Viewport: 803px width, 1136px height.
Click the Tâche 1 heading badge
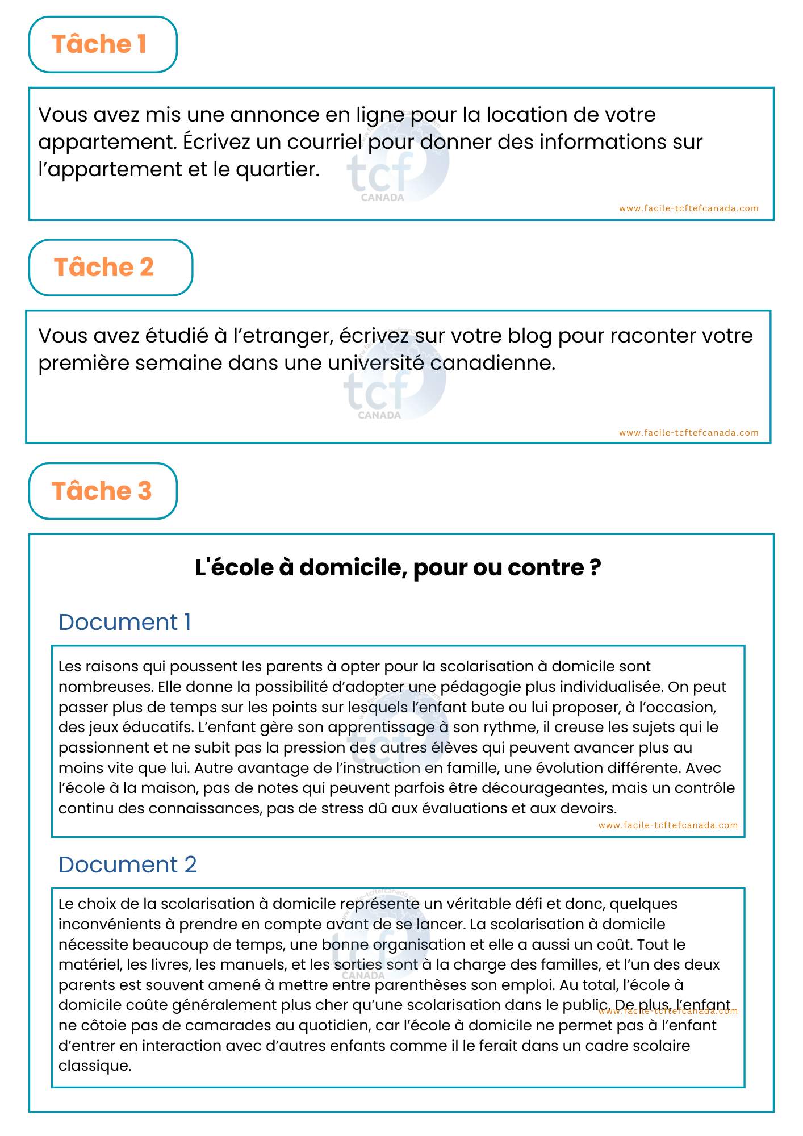(103, 44)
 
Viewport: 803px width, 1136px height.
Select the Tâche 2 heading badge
(110, 268)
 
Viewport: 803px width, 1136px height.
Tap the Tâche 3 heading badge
(103, 491)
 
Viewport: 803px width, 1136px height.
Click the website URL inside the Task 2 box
(688, 433)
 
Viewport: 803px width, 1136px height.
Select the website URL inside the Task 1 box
(688, 208)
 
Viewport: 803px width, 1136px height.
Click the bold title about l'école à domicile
(398, 567)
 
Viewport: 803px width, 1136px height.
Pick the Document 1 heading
(124, 622)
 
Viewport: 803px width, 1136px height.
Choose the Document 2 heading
(127, 864)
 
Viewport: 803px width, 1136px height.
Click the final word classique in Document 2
(94, 1066)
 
